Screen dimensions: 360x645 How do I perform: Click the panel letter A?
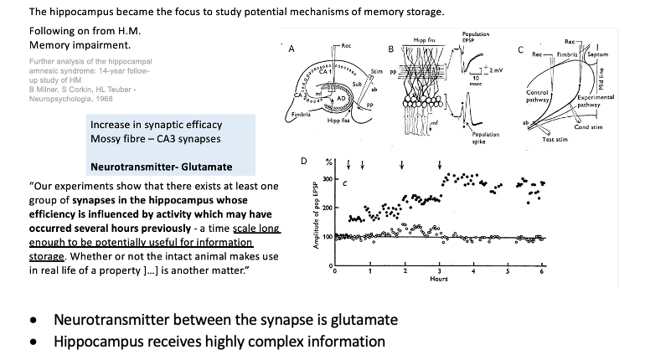[291, 49]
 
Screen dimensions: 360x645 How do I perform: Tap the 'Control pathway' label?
[538, 97]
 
